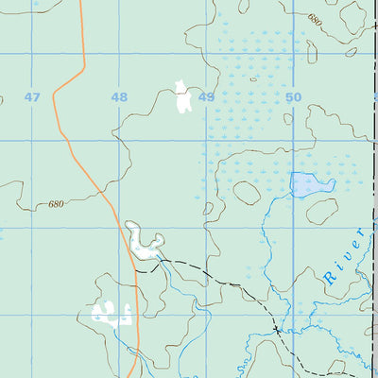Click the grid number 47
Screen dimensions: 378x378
click(33, 97)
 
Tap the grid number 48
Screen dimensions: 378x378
click(119, 97)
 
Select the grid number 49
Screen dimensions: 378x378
click(206, 97)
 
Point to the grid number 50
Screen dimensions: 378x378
click(293, 97)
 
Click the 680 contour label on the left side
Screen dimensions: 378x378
click(56, 204)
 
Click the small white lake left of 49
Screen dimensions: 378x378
click(181, 98)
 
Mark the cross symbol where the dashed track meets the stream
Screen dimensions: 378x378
click(277, 331)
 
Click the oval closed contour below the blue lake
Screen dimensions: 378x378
click(322, 212)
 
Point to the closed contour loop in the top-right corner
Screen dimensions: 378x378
click(353, 16)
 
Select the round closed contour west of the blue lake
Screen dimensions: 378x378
click(247, 193)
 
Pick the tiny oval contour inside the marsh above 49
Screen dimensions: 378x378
click(253, 78)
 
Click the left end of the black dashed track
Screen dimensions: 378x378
click(136, 270)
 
